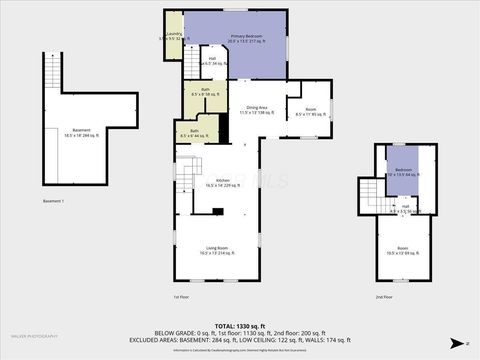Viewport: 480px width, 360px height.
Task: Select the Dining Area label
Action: point(256,109)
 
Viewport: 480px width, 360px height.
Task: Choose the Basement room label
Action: point(73,131)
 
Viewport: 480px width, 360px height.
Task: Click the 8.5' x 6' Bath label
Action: point(191,133)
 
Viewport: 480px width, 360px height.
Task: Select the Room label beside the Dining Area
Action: point(311,111)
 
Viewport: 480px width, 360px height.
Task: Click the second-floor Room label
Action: point(402,250)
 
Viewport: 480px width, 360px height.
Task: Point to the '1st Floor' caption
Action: point(181,297)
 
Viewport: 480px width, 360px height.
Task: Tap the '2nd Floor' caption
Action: point(384,297)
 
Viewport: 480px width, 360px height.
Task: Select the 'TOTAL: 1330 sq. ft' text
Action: point(239,326)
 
